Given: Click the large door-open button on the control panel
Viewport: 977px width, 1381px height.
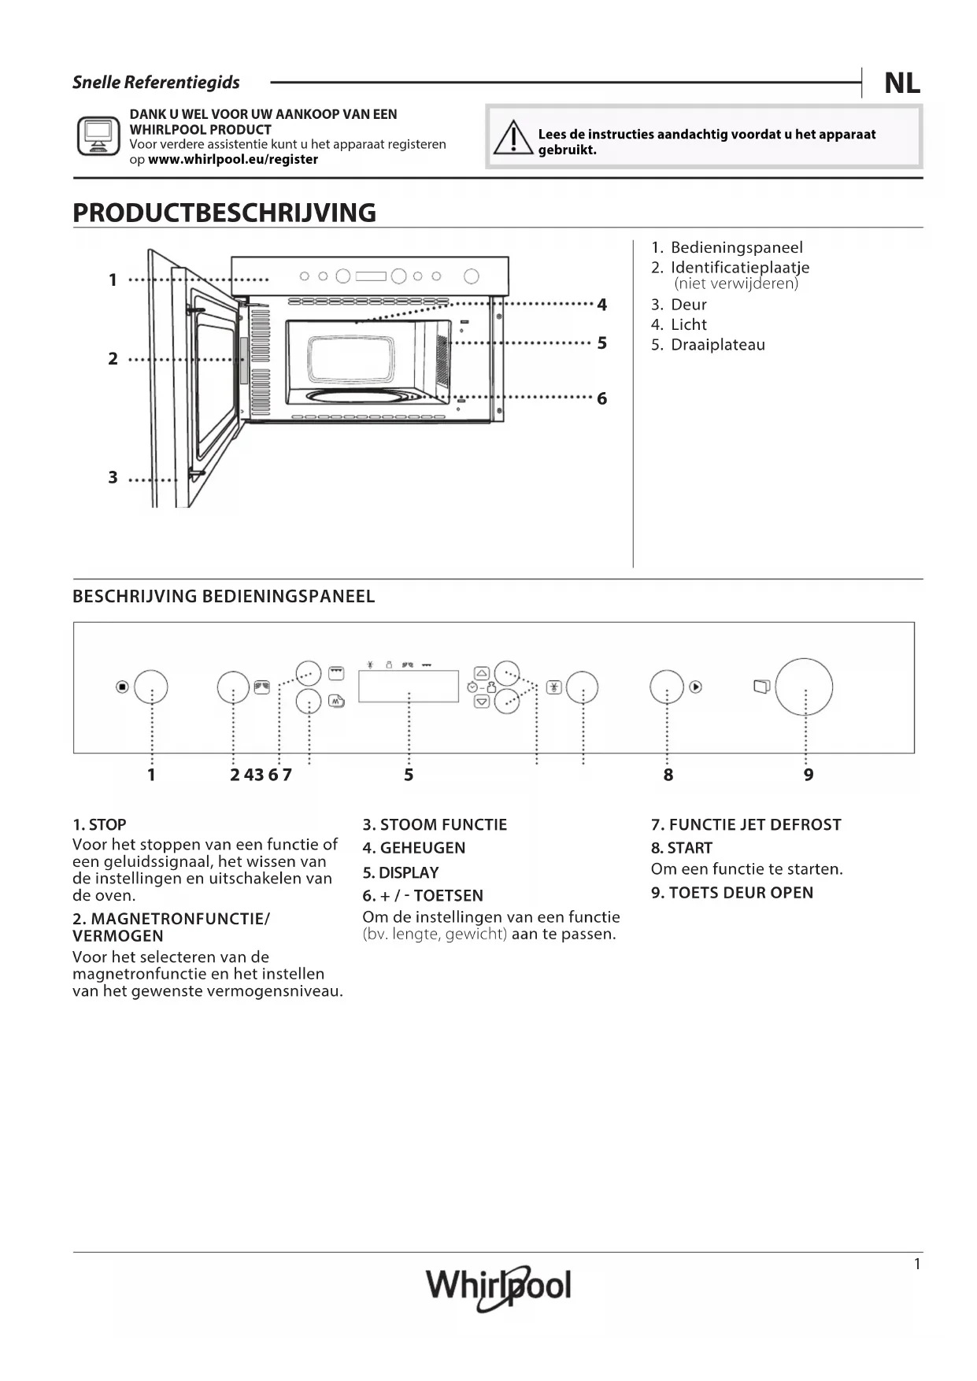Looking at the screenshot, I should [804, 687].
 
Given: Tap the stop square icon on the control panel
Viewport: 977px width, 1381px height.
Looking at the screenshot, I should [122, 687].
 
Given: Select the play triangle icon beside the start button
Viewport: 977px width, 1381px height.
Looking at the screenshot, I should [696, 687].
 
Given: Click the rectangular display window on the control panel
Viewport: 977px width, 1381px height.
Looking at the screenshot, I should [409, 686].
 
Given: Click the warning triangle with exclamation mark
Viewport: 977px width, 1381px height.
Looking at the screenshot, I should [513, 139].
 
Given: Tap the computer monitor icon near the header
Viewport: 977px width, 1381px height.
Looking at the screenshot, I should [98, 135].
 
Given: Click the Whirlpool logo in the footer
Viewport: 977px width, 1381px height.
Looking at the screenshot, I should [498, 1287].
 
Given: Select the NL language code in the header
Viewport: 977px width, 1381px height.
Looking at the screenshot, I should [902, 83].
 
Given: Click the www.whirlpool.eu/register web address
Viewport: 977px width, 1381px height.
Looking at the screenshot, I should [233, 159].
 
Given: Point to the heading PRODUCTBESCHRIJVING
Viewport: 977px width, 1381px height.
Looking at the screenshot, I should [224, 213].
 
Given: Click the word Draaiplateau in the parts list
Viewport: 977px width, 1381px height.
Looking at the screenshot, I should [717, 345].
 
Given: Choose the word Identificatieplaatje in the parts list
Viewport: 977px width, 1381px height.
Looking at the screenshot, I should [739, 268].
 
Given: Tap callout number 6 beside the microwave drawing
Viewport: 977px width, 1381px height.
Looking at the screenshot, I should [601, 399].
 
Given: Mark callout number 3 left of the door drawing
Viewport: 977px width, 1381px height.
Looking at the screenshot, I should [113, 478].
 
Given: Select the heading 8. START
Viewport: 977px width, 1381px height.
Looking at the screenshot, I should [682, 848].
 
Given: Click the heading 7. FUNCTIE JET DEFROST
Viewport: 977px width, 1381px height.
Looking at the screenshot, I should [746, 824].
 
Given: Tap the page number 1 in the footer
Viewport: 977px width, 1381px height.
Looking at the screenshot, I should [916, 1264].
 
